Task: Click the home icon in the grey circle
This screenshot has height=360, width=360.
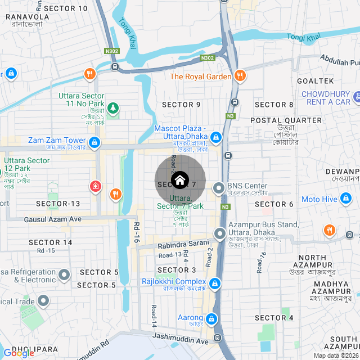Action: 180,181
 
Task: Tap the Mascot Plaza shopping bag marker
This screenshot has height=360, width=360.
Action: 216,137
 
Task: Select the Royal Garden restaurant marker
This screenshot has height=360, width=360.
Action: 240,76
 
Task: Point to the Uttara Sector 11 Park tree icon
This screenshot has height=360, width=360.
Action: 113,106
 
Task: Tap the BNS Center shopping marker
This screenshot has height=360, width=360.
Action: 218,190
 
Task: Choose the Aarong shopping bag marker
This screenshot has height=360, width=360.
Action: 211,319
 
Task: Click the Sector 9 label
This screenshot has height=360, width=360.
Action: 181,105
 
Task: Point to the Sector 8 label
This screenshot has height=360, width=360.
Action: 274,105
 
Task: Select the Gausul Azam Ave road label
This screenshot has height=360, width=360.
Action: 53,219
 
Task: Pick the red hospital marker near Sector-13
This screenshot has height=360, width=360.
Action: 96,186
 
